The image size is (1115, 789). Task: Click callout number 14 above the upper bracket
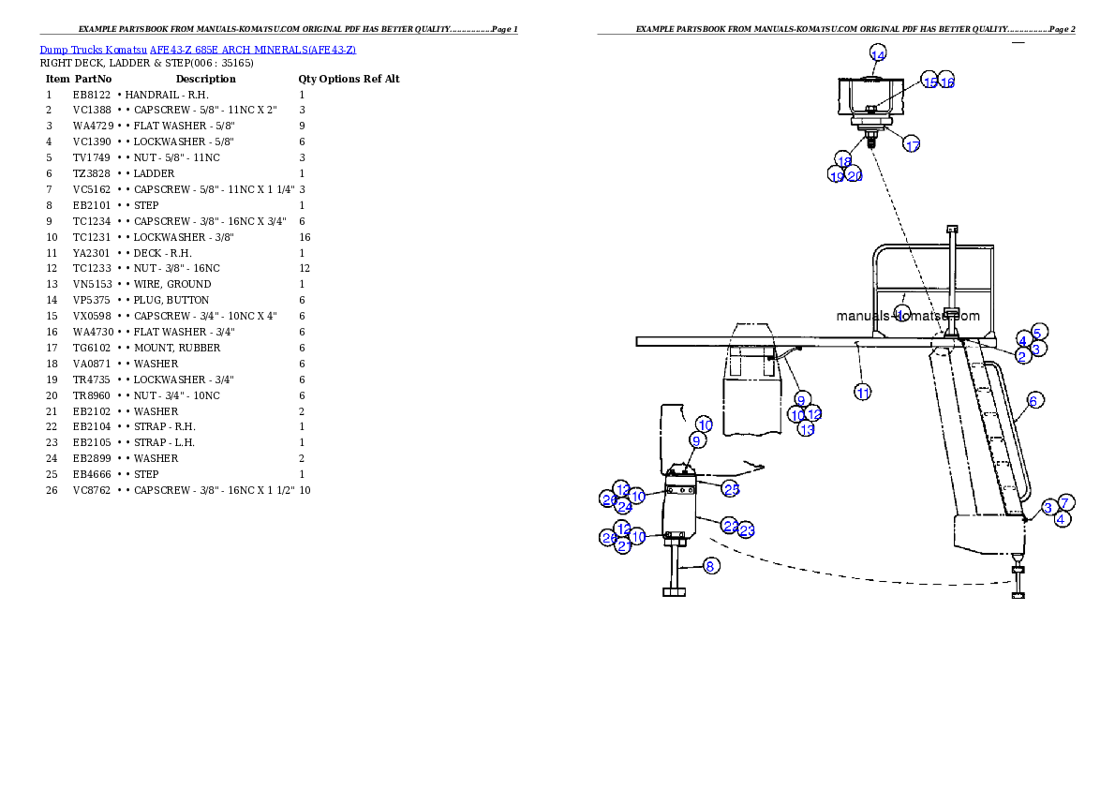pos(878,54)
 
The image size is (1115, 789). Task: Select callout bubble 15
pos(929,82)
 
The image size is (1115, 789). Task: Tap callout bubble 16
pos(946,82)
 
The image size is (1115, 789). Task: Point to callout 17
pos(912,144)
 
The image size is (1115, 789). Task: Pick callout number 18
pos(844,160)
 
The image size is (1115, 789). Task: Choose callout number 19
pos(837,175)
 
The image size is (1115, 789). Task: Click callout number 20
pos(855,175)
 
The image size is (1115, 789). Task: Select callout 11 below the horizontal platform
pos(863,393)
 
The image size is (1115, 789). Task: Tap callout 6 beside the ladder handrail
pos(1033,400)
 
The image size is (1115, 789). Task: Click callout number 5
pos(1038,332)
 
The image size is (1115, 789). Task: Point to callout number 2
pos(1022,355)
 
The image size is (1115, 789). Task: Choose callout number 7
pos(1065,502)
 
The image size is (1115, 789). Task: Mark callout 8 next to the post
pos(711,566)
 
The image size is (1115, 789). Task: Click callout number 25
pos(731,488)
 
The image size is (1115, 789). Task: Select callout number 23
pos(747,530)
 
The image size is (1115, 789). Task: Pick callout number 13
pos(807,428)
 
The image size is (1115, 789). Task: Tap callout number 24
pos(624,506)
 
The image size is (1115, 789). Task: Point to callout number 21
pos(624,546)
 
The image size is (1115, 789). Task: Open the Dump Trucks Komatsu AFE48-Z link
pos(198,49)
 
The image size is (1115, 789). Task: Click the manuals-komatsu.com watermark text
pos(908,316)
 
